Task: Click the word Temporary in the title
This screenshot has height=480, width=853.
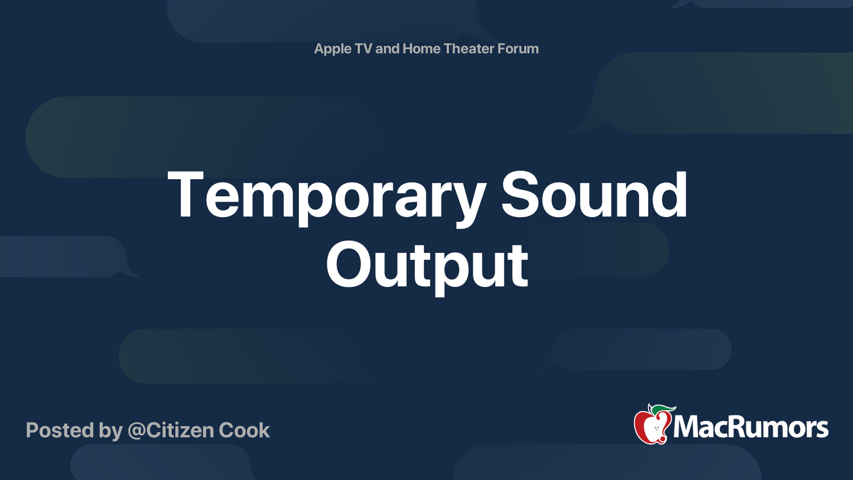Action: [x=326, y=196]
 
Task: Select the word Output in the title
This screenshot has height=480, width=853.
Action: [x=427, y=265]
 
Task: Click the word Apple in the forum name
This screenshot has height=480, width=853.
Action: [x=333, y=49]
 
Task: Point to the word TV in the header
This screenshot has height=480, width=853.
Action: [x=363, y=49]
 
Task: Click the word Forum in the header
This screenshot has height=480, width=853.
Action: [x=518, y=49]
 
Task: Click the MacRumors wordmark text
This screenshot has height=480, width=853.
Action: [x=751, y=428]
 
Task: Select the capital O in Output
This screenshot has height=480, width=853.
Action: [x=348, y=265]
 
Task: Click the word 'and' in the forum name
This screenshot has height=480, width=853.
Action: [x=387, y=49]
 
